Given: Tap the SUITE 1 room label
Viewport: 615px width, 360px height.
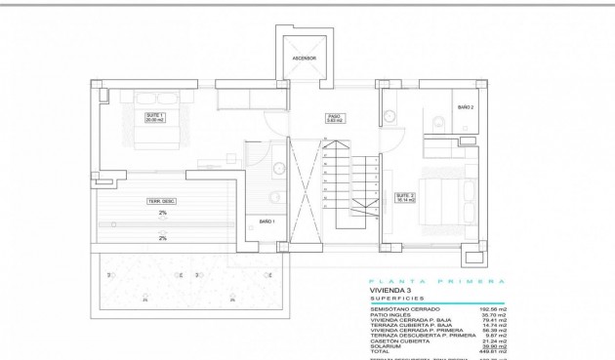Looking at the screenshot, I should point(154,117).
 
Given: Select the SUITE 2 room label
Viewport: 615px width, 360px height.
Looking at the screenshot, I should point(405,196).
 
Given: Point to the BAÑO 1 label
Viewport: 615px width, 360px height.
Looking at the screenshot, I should point(266,222).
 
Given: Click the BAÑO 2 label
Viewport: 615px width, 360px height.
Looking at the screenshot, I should point(466,107).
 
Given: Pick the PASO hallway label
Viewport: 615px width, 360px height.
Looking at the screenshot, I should point(333,117).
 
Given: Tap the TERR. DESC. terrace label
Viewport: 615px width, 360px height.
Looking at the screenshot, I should point(160,201).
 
